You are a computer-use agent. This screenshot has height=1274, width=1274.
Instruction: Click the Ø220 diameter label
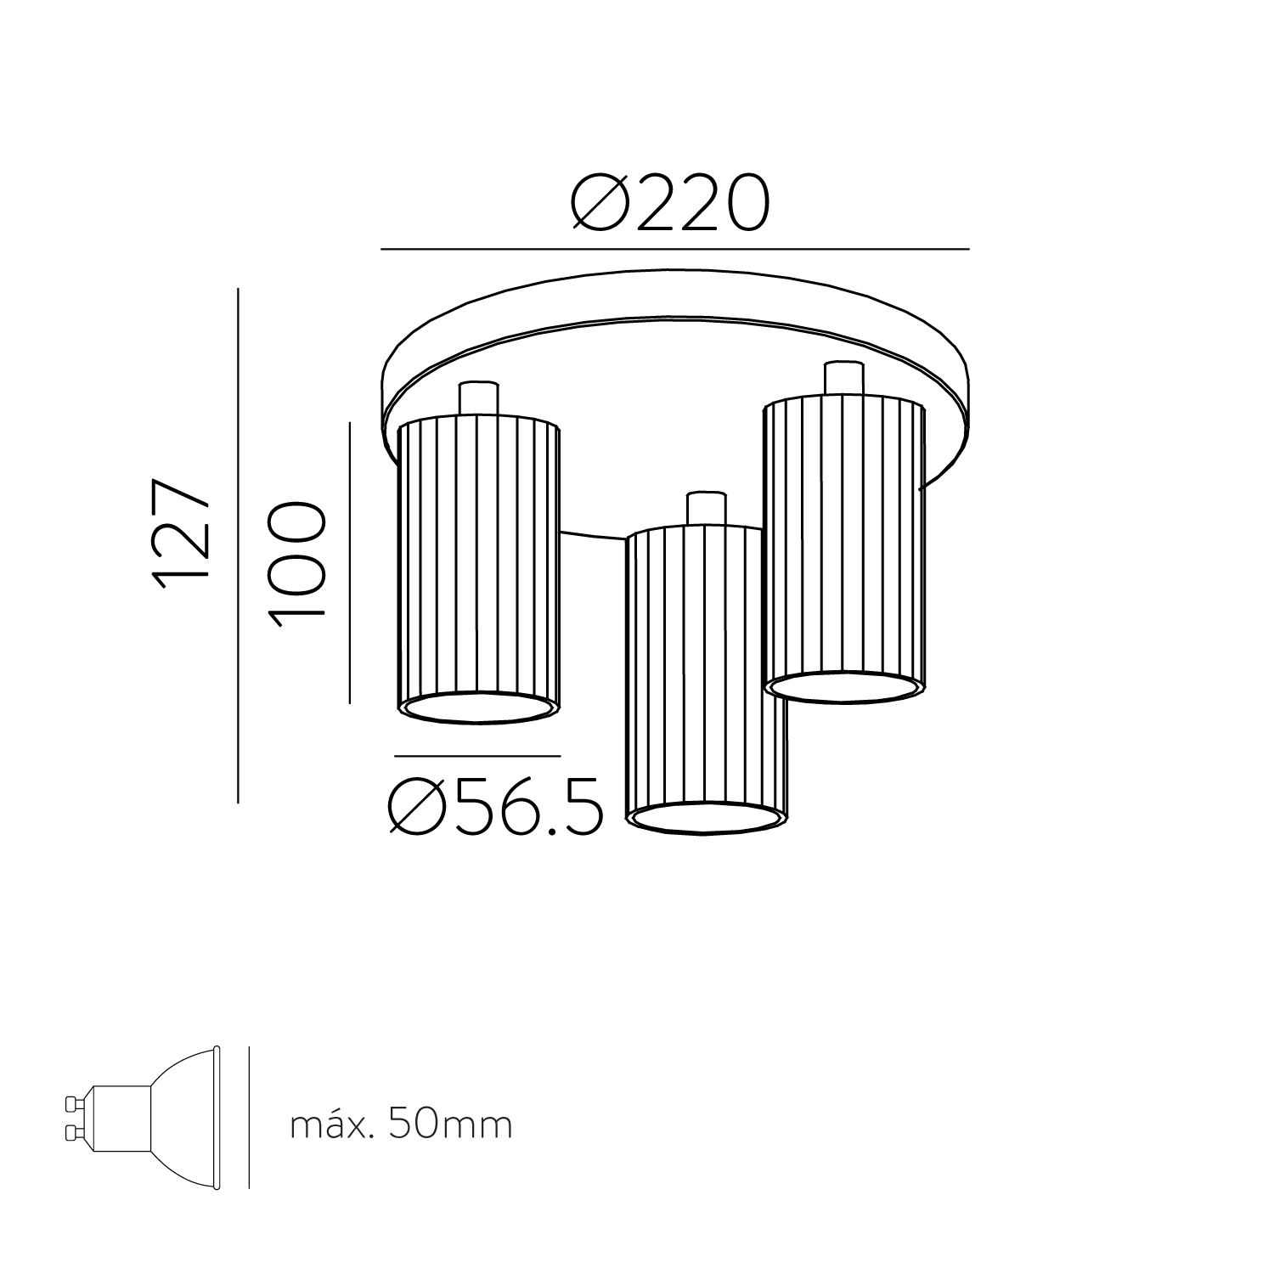(670, 204)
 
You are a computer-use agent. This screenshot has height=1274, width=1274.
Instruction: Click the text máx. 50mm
(401, 1125)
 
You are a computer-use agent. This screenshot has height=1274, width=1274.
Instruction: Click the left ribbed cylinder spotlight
(479, 570)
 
